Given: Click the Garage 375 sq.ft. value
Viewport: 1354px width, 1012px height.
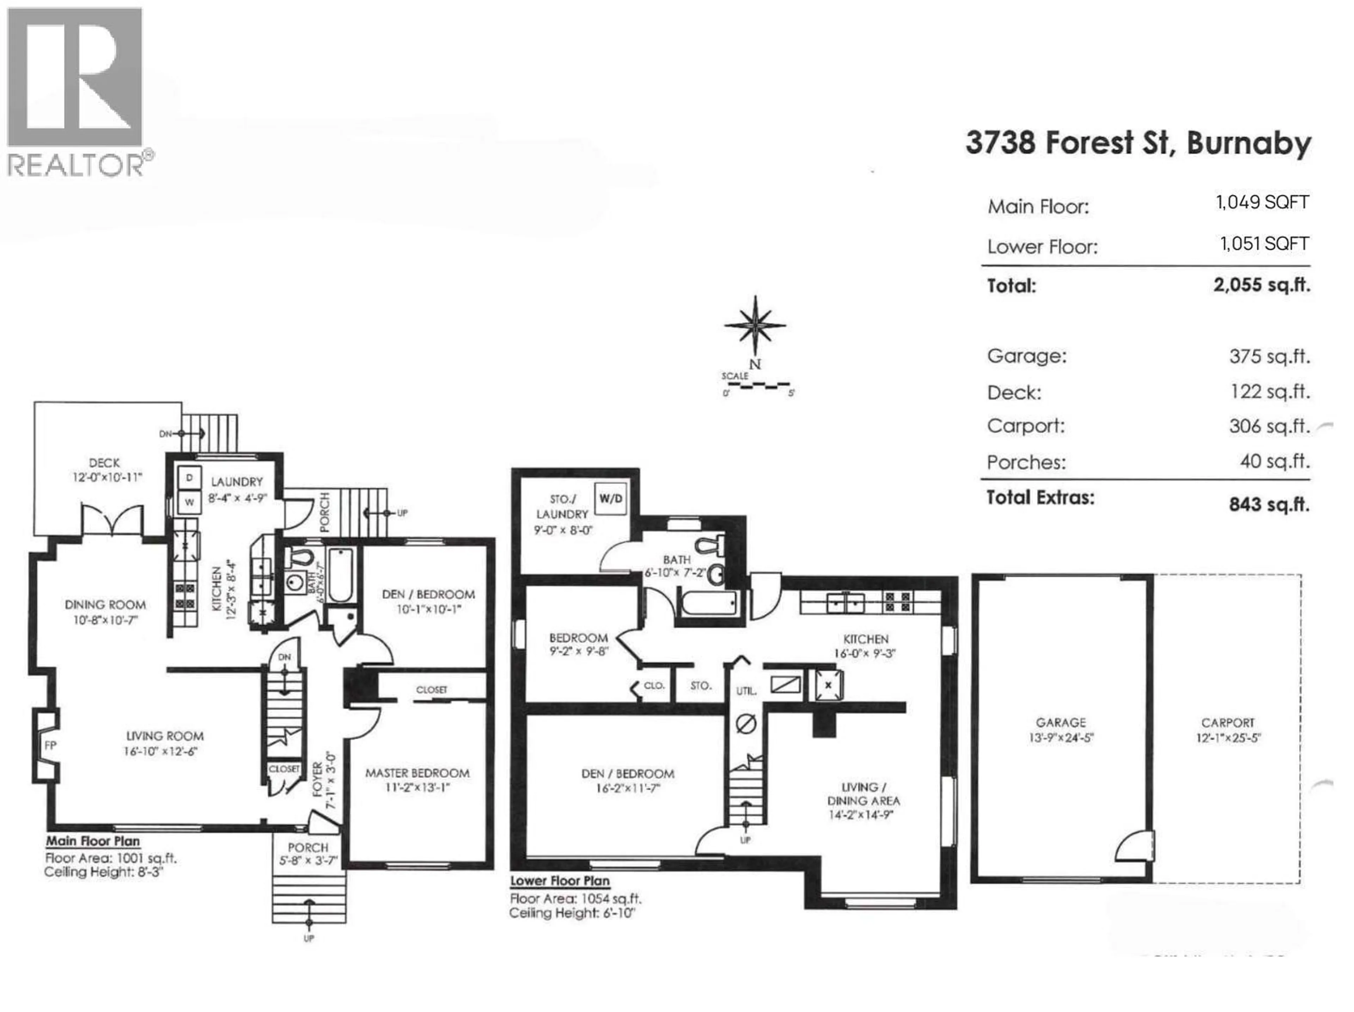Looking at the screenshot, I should [1269, 357].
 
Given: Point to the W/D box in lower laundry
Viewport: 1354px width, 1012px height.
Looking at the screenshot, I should [610, 499].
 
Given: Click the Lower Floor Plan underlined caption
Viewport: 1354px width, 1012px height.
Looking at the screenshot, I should [560, 881].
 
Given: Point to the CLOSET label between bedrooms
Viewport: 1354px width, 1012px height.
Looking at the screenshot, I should [432, 690].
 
